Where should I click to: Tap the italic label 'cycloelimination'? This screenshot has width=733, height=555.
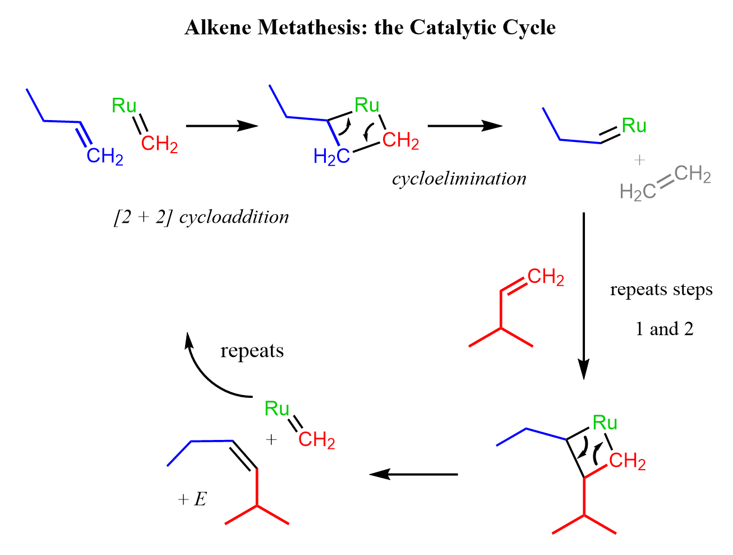tap(459, 178)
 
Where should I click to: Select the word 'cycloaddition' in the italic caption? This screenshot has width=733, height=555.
tap(233, 217)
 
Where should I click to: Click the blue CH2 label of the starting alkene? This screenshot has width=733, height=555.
tap(105, 157)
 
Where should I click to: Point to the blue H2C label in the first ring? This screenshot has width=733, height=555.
tap(331, 157)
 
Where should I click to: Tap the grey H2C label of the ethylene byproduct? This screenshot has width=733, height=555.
tap(637, 192)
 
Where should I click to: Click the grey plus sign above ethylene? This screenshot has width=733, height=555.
tap(639, 160)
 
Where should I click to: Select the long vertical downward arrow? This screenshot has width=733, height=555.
tap(583, 295)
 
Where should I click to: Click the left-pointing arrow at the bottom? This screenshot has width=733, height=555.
tap(413, 474)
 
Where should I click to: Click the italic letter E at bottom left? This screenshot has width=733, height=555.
tap(200, 499)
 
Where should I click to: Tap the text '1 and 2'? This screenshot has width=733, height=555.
tap(664, 328)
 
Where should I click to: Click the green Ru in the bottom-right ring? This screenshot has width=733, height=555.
tap(605, 423)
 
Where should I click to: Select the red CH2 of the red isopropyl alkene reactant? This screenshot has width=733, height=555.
tap(546, 277)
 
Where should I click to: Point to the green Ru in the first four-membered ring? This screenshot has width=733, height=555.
tap(367, 106)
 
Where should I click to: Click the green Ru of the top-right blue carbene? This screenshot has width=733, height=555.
tap(634, 126)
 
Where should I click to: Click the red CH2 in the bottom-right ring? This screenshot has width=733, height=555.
tap(627, 461)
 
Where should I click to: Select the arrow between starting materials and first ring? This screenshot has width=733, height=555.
tap(222, 126)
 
